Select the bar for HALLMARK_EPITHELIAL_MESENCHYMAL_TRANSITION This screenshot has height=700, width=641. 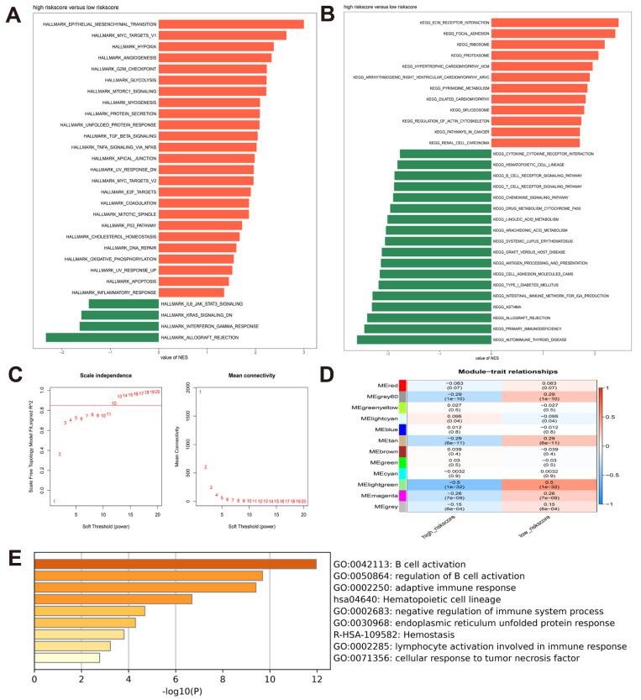[x=231, y=24]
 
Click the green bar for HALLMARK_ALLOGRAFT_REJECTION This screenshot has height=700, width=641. [x=102, y=338]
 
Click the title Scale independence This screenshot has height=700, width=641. [x=92, y=375]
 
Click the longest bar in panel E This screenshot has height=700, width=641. [x=176, y=564]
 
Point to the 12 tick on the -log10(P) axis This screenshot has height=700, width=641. [x=316, y=677]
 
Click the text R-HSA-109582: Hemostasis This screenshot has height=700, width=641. [x=395, y=634]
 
